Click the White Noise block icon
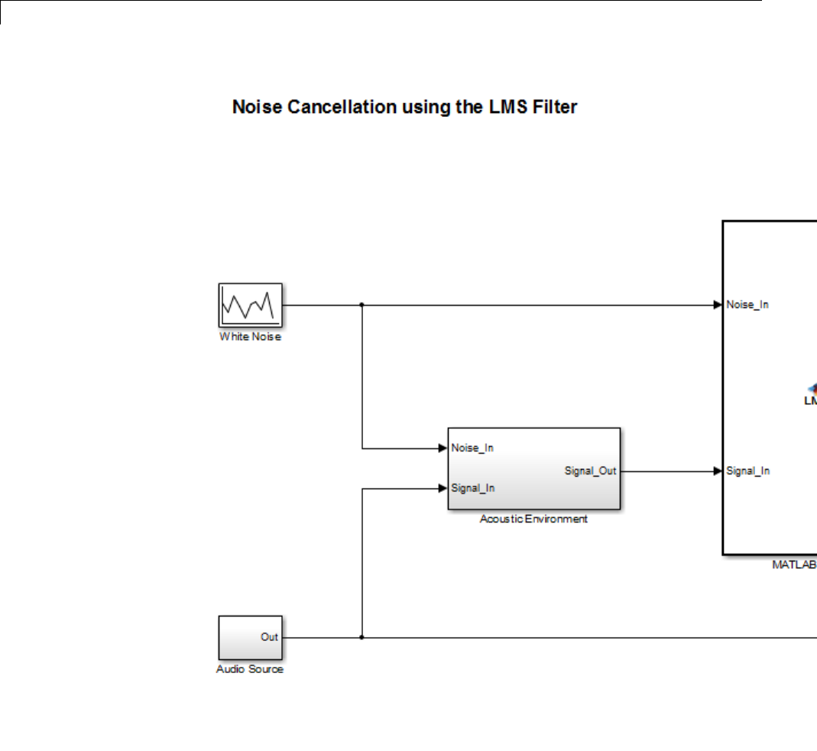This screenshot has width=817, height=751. coord(250,305)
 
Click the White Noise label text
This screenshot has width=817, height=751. coord(250,337)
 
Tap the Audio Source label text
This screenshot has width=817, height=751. coord(250,669)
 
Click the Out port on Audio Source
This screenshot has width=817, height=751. coord(269,637)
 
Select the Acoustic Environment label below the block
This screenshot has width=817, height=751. coord(533,519)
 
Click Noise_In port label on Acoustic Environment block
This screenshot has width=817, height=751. coord(472,448)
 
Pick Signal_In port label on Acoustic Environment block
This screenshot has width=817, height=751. coord(472,487)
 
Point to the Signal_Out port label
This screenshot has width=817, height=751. coord(590,471)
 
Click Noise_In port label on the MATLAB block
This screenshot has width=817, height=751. coord(747,305)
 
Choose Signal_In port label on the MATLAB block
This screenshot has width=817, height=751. coord(747,471)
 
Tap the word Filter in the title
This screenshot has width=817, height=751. coord(556,107)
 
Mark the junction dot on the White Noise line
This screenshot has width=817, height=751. coord(361,305)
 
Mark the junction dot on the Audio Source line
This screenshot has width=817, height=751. coord(361,637)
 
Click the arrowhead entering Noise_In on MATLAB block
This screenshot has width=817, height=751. coord(718,305)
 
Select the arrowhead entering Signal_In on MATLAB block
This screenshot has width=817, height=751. coord(718,471)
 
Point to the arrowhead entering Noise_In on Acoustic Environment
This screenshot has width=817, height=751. coord(443,448)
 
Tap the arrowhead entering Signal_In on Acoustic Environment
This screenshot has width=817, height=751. coord(443,487)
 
